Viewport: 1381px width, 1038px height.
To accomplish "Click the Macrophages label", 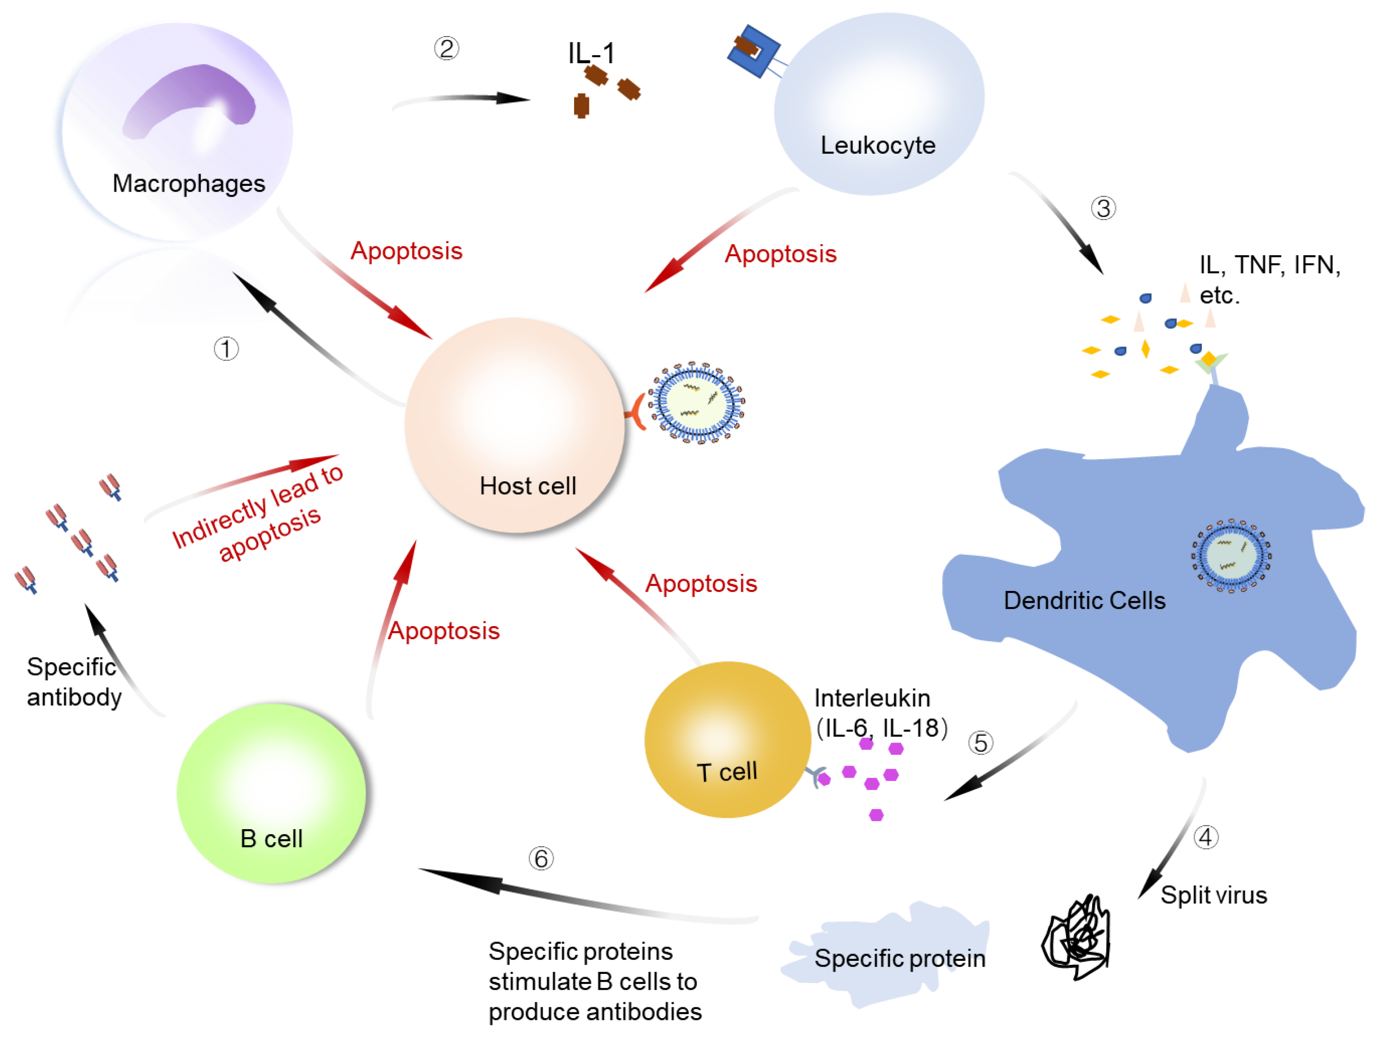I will [189, 184].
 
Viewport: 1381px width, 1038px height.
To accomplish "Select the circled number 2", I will [446, 48].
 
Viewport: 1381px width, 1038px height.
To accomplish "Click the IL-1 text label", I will [591, 54].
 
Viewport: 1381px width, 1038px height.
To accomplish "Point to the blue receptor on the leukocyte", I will [754, 51].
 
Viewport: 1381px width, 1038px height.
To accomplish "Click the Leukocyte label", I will [877, 145].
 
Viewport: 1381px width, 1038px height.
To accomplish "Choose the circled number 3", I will [1103, 208].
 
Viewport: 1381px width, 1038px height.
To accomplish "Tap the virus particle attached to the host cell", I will [696, 402].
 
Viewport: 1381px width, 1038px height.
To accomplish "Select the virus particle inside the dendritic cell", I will [1231, 555].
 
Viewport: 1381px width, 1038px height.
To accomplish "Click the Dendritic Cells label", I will [1084, 600].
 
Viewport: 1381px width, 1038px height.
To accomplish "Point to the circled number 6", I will [541, 859].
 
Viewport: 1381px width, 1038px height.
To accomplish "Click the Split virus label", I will [1213, 895].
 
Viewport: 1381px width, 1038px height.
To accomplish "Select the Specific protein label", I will [899, 959].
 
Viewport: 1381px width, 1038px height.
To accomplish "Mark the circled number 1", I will [226, 349].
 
